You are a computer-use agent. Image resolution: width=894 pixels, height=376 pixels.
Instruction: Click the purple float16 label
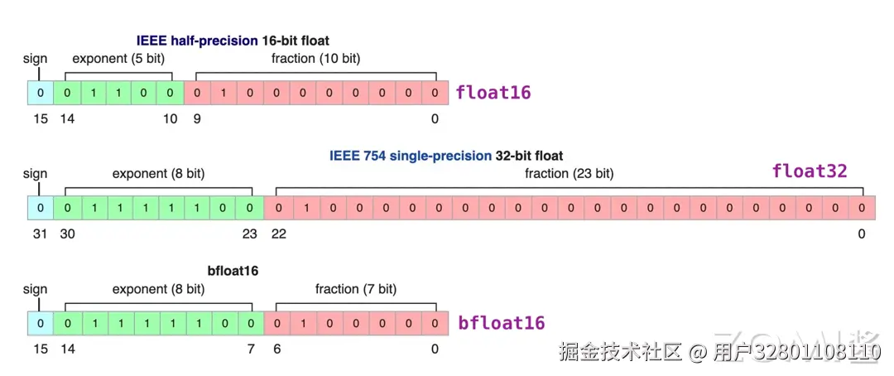(x=493, y=92)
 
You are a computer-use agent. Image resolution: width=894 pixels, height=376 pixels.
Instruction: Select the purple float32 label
(x=810, y=171)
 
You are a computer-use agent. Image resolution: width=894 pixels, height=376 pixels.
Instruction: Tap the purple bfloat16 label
(x=502, y=322)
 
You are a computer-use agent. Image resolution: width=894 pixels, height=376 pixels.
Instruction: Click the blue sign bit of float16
(x=40, y=92)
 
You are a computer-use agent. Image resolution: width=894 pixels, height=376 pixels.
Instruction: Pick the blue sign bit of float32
(x=40, y=207)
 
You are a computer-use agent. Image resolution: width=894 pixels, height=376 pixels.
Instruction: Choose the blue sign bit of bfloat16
(x=40, y=322)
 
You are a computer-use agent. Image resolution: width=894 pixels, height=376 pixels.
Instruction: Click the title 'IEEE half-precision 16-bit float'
(x=233, y=41)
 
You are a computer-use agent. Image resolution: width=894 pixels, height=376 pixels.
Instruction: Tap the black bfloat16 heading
(x=233, y=271)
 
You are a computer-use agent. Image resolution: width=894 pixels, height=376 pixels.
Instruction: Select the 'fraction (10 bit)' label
(x=315, y=59)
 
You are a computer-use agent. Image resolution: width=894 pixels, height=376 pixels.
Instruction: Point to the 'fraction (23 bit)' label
(x=569, y=174)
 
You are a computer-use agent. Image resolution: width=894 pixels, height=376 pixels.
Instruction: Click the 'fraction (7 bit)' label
(x=355, y=289)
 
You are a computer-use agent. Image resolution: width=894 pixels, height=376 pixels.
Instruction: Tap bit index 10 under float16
(x=170, y=119)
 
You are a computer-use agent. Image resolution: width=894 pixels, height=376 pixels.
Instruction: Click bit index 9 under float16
(x=197, y=119)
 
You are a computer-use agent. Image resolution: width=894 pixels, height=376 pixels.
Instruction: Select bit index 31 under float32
(x=40, y=234)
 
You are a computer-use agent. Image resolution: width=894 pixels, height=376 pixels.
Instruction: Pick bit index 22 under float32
(x=279, y=234)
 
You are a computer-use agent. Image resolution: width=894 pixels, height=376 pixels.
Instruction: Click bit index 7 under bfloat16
(x=250, y=349)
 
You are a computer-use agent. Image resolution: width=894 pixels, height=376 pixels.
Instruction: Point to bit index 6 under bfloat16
(x=276, y=349)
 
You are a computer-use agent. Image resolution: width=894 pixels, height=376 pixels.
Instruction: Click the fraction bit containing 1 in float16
(x=223, y=92)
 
